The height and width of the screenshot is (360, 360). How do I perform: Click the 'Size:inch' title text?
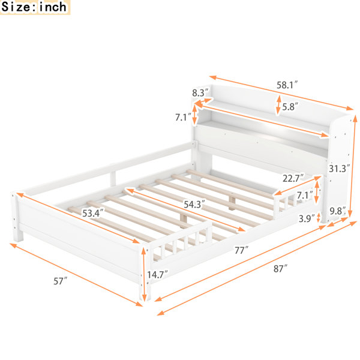pos(34,7)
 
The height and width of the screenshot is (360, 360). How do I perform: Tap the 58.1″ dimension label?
pos(287,85)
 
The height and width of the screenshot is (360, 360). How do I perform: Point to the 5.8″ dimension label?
pos(290,107)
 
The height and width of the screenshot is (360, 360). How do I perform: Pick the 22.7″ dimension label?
pos(293,178)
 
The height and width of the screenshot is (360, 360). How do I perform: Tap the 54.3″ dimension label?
pos(194,204)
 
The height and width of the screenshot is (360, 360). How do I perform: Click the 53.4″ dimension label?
pos(93,213)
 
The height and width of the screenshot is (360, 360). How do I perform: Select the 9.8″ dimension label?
pos(338,211)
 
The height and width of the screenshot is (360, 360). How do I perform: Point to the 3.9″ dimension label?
pos(307,218)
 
